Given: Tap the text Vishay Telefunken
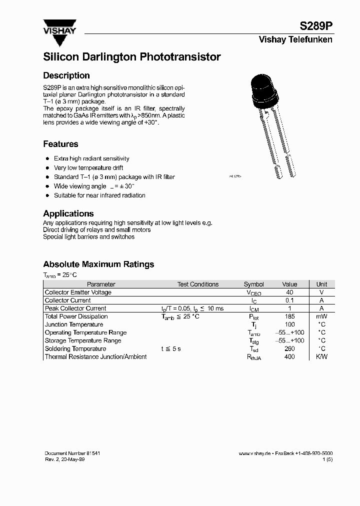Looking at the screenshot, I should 295,40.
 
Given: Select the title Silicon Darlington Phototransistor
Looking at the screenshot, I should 132,57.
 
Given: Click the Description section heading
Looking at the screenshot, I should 66,75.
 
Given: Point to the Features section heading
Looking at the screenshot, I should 60,144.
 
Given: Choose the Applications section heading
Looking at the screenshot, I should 68,213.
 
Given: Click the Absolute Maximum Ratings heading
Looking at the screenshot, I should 98,264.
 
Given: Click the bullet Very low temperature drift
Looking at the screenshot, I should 88,168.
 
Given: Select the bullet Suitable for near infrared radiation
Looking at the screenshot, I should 99,195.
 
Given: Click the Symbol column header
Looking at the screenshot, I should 254,284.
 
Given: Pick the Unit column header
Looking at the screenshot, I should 321,284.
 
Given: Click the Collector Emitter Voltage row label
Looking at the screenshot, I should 78,292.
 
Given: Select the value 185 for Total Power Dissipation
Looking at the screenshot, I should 289,316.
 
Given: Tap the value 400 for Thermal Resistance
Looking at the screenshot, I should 289,356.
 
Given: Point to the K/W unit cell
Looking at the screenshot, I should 321,356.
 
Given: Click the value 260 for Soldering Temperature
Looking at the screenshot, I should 289,348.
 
